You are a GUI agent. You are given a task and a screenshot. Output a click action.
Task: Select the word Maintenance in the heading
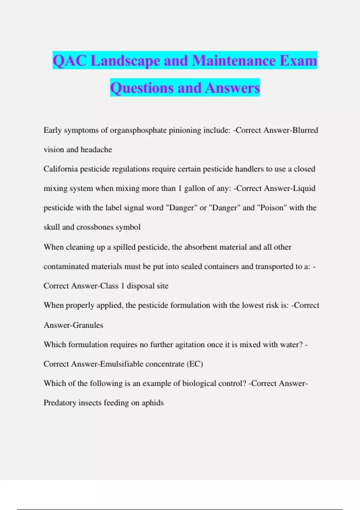(234, 61)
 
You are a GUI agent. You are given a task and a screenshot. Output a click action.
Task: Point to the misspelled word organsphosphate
(138, 130)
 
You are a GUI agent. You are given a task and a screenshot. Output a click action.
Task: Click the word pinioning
(185, 130)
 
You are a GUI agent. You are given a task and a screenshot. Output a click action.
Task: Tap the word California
(61, 169)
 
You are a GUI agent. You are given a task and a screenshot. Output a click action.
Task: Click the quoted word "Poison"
(271, 208)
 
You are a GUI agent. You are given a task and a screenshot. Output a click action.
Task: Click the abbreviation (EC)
(195, 364)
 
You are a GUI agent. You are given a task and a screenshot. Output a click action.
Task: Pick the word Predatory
(60, 403)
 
